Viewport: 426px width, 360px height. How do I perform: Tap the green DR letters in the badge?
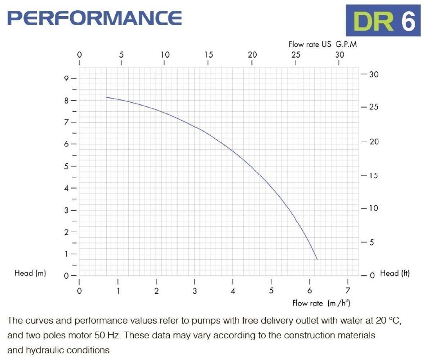[372, 21]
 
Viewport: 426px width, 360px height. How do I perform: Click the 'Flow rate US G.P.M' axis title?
[323, 45]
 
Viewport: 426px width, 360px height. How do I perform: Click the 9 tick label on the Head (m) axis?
[66, 78]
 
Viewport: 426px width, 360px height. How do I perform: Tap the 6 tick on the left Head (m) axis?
[66, 144]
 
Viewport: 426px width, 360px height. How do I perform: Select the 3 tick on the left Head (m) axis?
[66, 210]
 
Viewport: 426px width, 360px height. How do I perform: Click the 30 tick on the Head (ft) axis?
[373, 74]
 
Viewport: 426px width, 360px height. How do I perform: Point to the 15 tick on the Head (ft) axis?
[373, 176]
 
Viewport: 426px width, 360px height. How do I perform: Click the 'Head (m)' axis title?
[30, 273]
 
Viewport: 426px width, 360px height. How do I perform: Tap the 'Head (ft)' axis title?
[395, 273]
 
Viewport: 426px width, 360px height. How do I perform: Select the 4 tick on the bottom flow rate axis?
[233, 291]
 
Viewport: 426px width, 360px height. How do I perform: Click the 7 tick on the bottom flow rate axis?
[347, 291]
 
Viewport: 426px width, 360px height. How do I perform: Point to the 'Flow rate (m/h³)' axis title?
[321, 303]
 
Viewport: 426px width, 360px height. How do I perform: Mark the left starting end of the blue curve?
[107, 98]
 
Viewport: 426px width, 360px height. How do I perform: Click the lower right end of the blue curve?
[317, 259]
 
